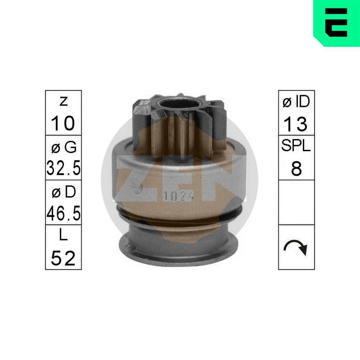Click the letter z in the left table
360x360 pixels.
click(63, 102)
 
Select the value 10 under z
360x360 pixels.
click(63, 123)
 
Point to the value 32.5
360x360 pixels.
click(63, 168)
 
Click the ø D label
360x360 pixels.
click(63, 192)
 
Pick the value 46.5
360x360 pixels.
click(63, 213)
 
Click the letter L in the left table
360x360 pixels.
click(63, 237)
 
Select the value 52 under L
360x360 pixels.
click(63, 258)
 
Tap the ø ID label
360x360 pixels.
click(296, 102)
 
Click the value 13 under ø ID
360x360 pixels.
click(296, 124)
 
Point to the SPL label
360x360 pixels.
click(296, 147)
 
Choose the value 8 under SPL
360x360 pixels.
click(296, 168)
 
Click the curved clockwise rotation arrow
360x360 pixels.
click(296, 248)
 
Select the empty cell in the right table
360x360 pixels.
click(296, 202)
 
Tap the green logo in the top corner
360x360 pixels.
click(336, 23)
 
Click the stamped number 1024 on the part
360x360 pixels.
click(179, 197)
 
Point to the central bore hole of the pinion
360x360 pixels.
click(179, 104)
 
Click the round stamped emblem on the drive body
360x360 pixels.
click(137, 186)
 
